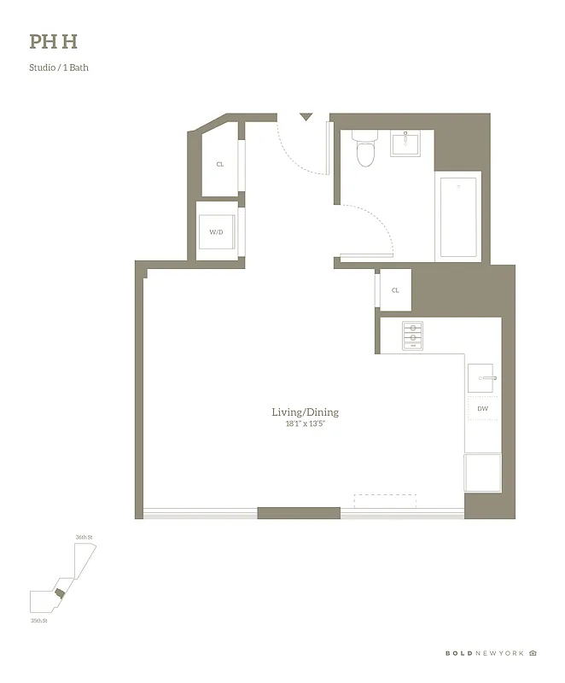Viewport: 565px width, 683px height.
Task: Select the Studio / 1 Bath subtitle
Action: coord(59,67)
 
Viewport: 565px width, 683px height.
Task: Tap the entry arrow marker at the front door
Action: coord(306,117)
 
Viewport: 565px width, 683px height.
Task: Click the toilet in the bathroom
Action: coord(365,149)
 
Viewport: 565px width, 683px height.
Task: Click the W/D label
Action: coord(216,231)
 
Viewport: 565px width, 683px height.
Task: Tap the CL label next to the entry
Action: coord(219,164)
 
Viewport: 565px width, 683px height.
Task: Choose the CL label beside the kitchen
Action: coord(395,290)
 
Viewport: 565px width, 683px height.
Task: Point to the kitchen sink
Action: coord(484,377)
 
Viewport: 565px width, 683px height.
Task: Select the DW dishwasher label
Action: coord(483,409)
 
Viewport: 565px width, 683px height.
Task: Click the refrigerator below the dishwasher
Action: coord(482,472)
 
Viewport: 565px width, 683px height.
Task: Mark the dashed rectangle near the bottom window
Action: coord(384,500)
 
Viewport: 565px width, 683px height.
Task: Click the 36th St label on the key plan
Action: coord(84,537)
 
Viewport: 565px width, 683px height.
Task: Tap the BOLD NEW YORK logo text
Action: coord(484,653)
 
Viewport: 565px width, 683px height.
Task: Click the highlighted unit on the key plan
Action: coord(59,593)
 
